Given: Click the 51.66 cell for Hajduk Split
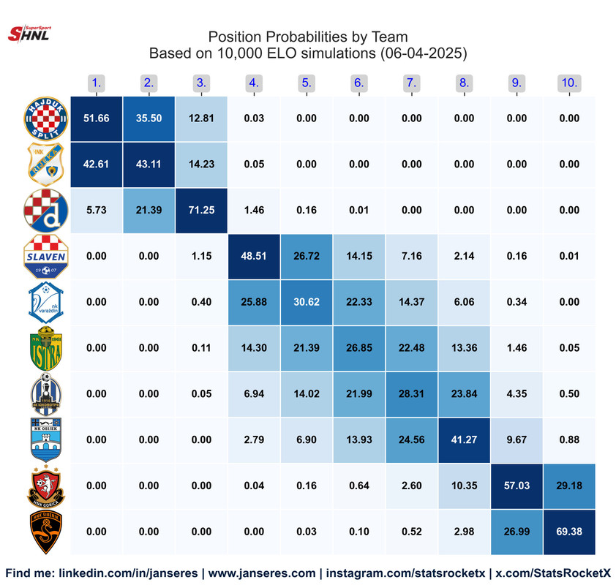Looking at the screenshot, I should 96,118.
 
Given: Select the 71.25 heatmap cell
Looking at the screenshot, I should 201,210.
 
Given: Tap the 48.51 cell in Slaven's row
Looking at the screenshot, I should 254,256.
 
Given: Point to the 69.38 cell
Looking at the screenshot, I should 568,531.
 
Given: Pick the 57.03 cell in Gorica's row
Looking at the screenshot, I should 516,486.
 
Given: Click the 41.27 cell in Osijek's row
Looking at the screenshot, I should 464,439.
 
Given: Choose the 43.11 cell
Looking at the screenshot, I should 149,164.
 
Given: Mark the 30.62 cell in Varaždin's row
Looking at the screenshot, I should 307,302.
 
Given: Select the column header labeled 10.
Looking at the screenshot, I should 568,83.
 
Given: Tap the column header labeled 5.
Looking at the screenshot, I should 307,83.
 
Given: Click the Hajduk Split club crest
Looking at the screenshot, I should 46,118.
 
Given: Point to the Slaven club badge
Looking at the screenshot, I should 46,257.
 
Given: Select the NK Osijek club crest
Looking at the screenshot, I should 46,439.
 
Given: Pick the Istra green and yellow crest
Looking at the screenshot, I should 46,348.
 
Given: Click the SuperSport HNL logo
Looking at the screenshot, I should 28,33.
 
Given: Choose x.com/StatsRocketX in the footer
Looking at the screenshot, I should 553,573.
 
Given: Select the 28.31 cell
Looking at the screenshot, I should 411,393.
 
